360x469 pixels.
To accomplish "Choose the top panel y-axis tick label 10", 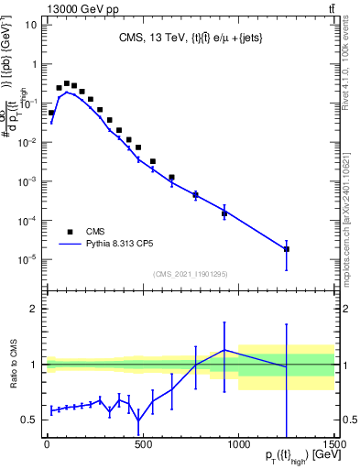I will (x=30, y=25).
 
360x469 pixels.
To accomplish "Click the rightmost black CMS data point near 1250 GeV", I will (x=287, y=249).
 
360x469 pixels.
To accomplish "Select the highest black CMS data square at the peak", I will (x=66, y=82).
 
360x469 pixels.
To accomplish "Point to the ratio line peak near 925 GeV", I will (x=224, y=350).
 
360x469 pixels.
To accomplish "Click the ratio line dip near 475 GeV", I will (x=138, y=421).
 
